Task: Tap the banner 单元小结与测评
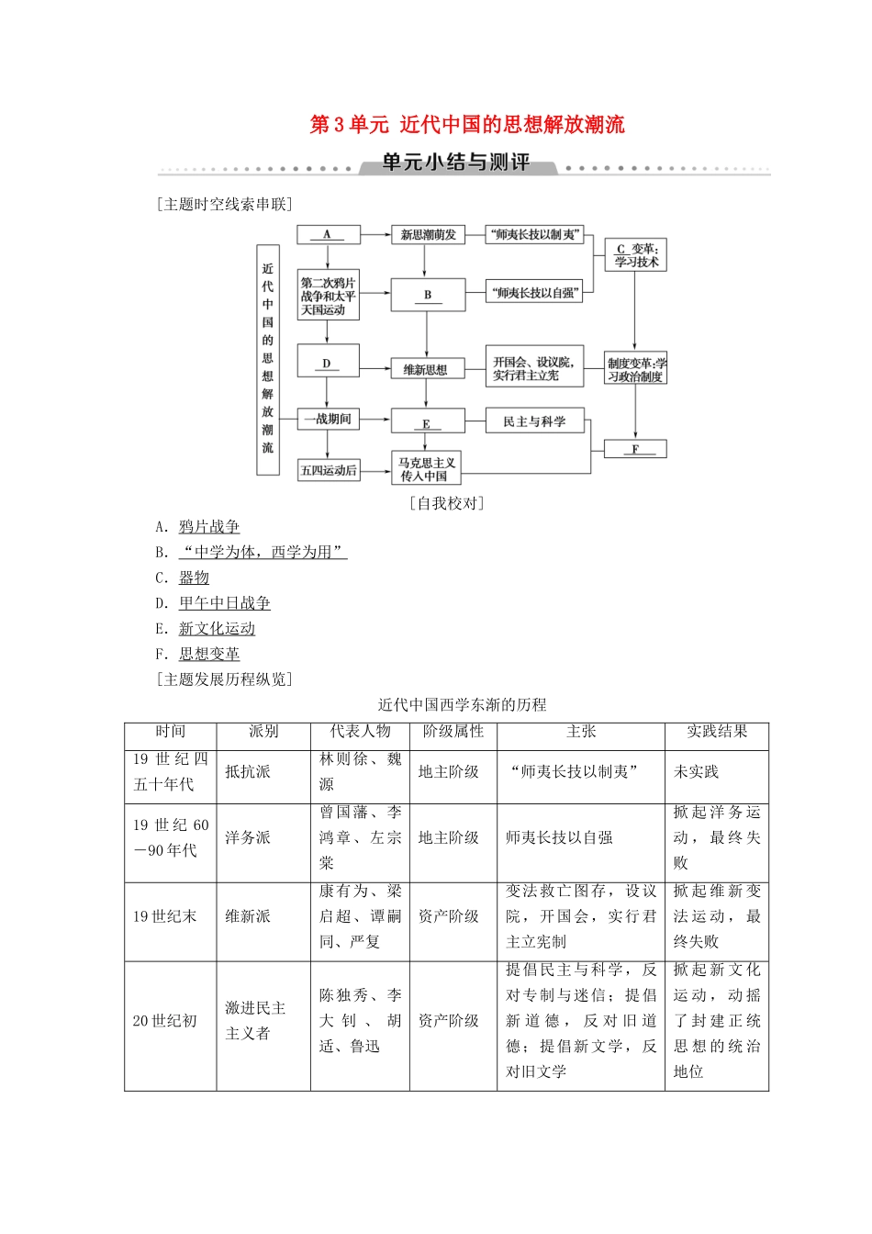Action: (x=456, y=163)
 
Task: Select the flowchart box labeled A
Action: (x=328, y=234)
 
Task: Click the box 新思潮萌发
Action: (x=428, y=235)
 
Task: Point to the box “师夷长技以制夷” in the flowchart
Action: (x=534, y=235)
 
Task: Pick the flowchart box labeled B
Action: (x=428, y=295)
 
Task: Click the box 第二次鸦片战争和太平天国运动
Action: (x=328, y=296)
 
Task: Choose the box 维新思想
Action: (x=426, y=370)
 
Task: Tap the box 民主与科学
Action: (x=534, y=421)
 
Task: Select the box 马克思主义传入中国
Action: (x=427, y=469)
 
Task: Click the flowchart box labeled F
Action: (x=635, y=449)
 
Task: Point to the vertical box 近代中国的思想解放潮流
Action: (x=268, y=359)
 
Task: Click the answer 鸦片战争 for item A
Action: (x=209, y=527)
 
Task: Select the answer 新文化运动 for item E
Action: (x=217, y=629)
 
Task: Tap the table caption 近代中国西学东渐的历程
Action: (x=463, y=705)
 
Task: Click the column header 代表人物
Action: (x=360, y=732)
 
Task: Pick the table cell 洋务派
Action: (x=248, y=838)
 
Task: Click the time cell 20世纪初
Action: (x=165, y=1021)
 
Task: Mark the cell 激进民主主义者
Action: (x=256, y=1021)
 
